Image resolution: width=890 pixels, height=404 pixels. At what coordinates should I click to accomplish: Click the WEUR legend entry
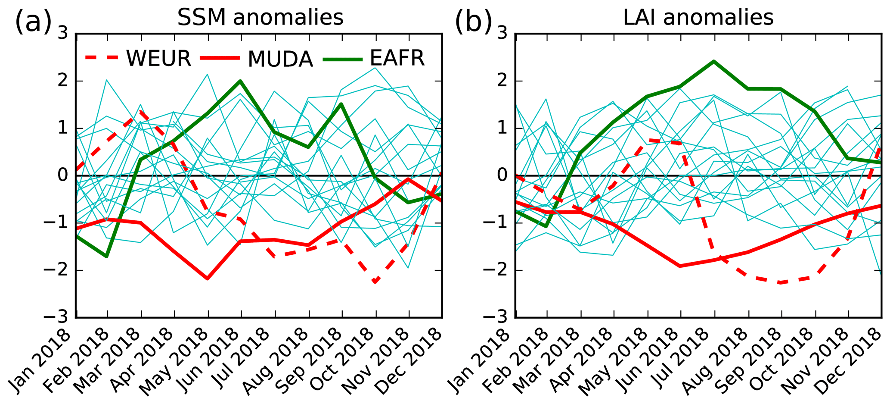pos(158,58)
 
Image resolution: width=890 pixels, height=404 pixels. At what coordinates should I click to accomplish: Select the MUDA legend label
pos(280,59)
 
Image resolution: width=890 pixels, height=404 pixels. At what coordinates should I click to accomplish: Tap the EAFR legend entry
pos(397,58)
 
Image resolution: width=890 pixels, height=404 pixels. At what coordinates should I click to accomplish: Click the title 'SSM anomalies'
pos(260,18)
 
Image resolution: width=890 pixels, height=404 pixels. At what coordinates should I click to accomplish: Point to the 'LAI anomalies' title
pos(698,18)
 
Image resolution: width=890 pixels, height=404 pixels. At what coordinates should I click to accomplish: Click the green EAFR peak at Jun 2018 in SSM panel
pos(240,81)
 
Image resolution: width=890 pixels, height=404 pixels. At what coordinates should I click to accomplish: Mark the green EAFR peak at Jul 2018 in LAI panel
pos(713,61)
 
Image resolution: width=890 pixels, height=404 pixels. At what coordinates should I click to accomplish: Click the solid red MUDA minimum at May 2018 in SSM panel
pos(208,279)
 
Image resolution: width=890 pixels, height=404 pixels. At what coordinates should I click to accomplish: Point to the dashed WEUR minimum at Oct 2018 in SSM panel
pos(375,282)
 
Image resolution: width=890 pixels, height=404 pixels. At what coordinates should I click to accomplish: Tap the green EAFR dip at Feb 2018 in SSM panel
pos(106,257)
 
